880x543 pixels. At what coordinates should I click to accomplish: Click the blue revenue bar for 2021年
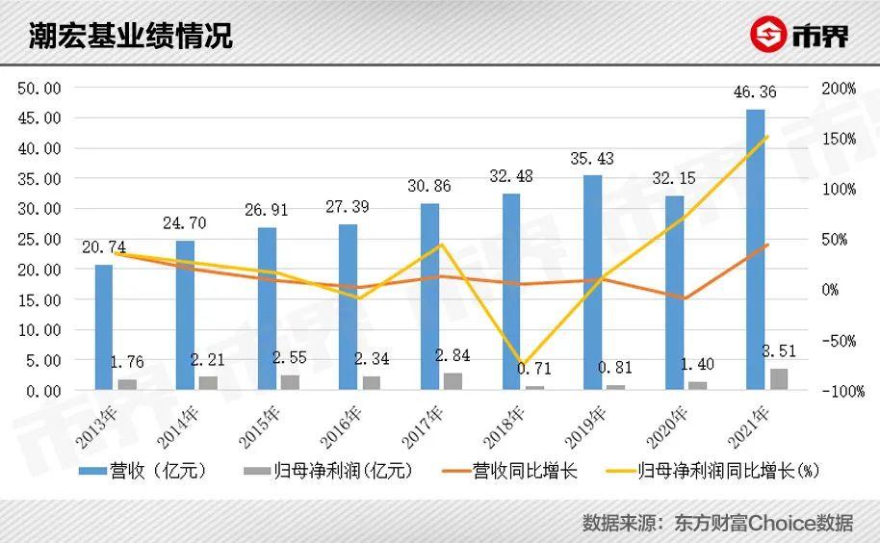click(x=756, y=249)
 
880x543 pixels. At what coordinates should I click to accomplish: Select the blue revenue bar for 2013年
click(x=103, y=327)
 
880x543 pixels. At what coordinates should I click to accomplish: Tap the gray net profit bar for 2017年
click(x=453, y=381)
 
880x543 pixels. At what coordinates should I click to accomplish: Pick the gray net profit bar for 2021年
click(x=779, y=379)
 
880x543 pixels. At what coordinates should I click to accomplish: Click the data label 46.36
click(x=755, y=92)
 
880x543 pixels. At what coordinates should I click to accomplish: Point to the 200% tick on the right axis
click(x=839, y=89)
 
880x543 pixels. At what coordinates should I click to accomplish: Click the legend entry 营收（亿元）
click(x=143, y=471)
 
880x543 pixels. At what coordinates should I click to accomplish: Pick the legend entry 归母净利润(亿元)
click(x=327, y=471)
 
